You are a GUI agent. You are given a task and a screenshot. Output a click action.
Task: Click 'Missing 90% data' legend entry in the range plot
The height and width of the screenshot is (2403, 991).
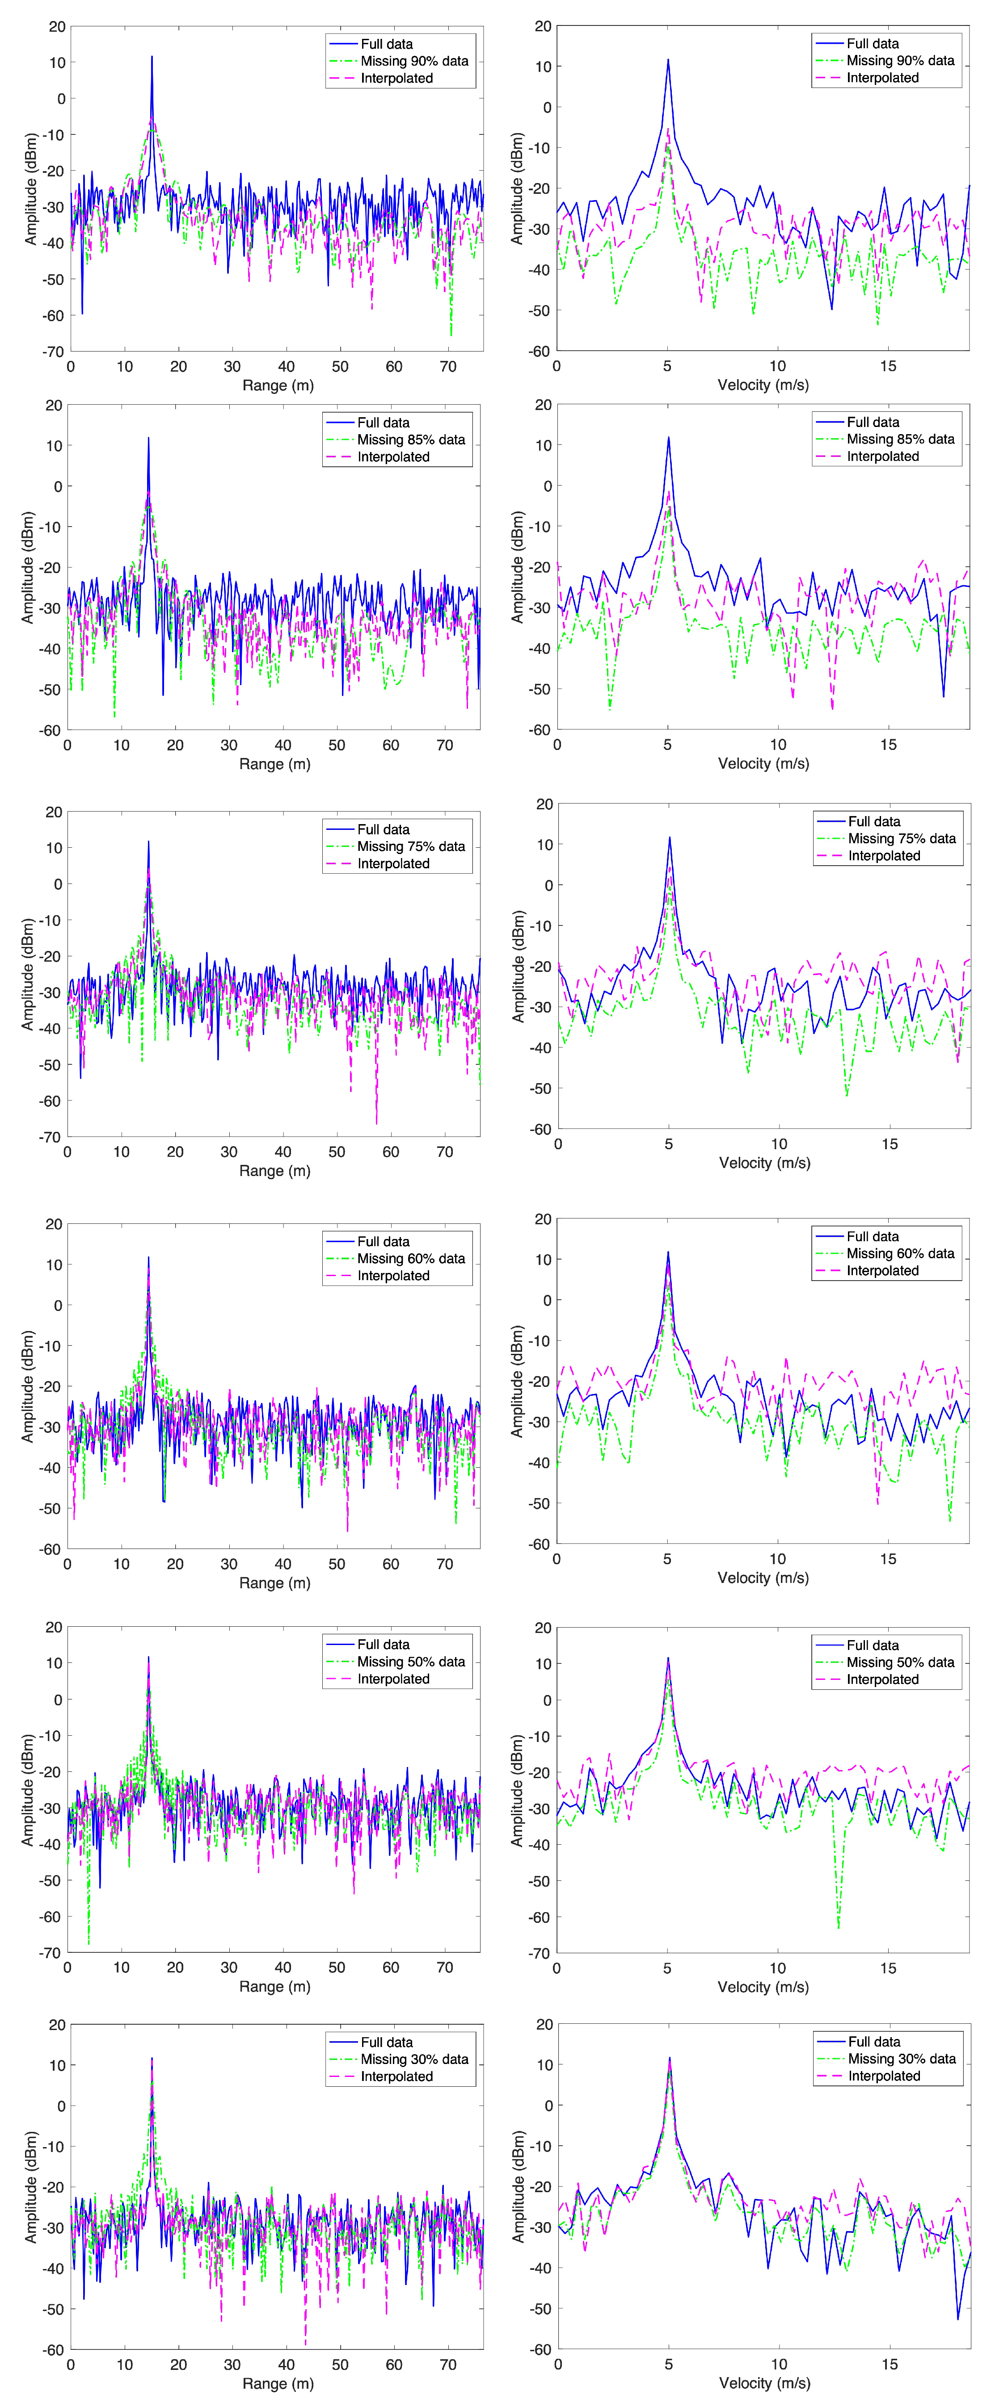point(414,61)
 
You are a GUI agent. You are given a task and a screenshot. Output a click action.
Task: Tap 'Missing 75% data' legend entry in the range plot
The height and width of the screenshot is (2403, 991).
point(411,846)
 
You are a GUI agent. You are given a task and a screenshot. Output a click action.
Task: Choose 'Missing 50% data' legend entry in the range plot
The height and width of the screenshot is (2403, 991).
point(411,1662)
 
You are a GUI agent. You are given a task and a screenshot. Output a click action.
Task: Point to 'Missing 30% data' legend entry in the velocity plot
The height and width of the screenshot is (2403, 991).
point(902,2059)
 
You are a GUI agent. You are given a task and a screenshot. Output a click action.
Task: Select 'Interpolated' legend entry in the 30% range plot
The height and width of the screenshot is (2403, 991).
point(396,2076)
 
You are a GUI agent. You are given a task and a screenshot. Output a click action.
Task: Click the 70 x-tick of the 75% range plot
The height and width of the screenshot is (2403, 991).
point(445,1152)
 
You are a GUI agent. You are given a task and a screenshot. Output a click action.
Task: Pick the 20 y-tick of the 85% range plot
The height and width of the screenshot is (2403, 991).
point(54,405)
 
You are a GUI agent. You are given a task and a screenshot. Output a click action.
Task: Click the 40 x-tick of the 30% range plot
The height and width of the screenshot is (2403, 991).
point(287,2365)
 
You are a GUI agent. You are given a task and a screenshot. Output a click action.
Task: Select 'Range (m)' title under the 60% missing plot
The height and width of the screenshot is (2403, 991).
point(274,1583)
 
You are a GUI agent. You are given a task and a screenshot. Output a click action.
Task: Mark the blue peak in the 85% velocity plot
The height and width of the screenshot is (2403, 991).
point(668,438)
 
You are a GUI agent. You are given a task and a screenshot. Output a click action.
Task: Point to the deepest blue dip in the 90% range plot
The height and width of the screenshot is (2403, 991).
point(82,314)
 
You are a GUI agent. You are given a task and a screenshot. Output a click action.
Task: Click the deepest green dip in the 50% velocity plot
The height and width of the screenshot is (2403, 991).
point(838,1927)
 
